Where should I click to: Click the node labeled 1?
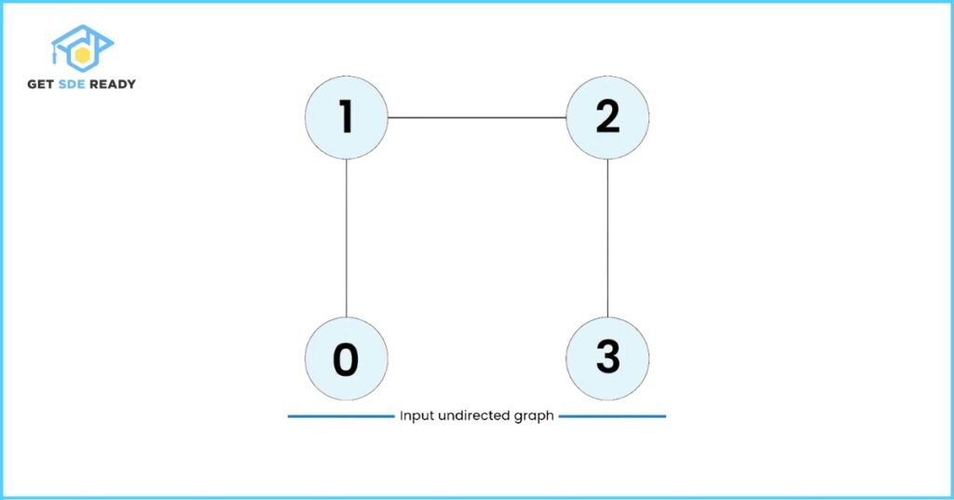(347, 118)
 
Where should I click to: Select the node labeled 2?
(607, 118)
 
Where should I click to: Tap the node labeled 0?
(347, 359)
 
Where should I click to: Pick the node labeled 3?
(607, 359)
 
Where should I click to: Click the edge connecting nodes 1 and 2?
(477, 118)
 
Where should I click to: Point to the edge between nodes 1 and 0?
(347, 238)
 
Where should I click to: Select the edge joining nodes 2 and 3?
(607, 238)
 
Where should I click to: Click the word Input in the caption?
(416, 416)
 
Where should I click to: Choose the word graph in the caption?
(534, 417)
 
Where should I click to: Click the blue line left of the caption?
(341, 417)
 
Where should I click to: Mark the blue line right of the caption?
(612, 417)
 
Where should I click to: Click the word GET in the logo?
(41, 84)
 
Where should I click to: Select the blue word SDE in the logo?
(71, 84)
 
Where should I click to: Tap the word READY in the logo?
(113, 84)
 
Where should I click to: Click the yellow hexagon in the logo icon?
(82, 55)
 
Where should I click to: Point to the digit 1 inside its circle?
(346, 117)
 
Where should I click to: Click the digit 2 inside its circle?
(607, 117)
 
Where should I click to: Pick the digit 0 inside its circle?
(346, 359)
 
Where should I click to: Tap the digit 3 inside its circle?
(607, 357)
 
